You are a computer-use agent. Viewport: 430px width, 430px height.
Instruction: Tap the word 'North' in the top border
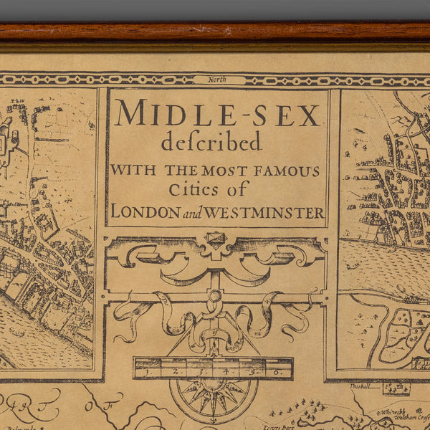217,80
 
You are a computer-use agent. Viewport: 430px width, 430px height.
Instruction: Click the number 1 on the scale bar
145,372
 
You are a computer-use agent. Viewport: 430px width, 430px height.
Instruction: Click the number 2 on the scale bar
174,372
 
